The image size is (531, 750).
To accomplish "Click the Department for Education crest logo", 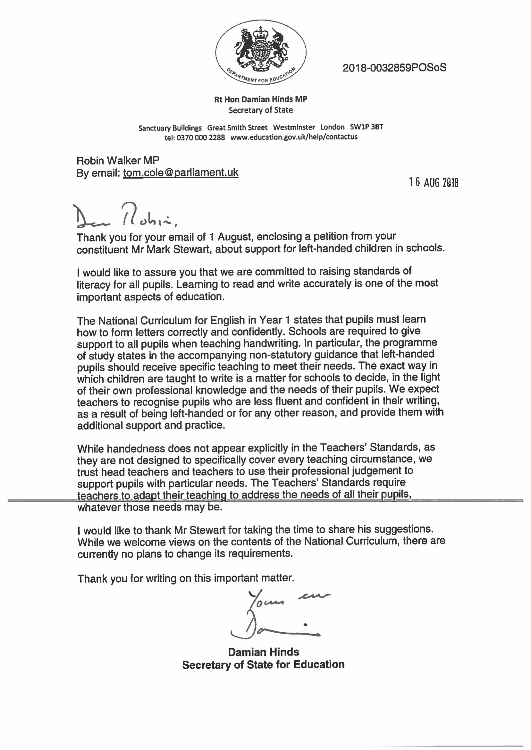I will tap(261, 52).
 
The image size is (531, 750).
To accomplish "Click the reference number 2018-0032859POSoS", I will tap(394, 68).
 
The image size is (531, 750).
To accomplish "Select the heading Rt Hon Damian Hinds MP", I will tap(261, 99).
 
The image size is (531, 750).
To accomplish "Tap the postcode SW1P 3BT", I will tap(366, 127).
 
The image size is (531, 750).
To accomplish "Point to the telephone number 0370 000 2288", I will tap(201, 137).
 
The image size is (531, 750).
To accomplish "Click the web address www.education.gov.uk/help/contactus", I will tap(294, 137).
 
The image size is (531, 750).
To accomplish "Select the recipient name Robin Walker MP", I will tap(118, 161).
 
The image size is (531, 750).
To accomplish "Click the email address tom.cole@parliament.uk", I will tap(181, 173).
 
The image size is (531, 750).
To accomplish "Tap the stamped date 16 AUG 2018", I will tap(434, 182).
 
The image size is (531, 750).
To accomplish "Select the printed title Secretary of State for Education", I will tap(263, 665).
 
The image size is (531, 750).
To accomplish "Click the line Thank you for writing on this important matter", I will tap(186, 578).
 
